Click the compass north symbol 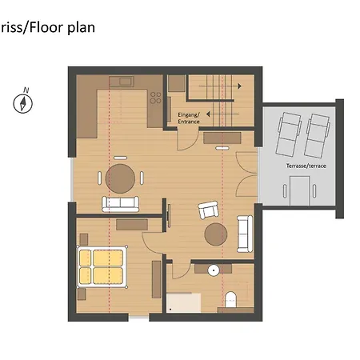(x=23, y=102)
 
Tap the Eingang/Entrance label (x=189, y=118)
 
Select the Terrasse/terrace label (x=306, y=166)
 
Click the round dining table (x=120, y=178)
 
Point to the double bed (x=102, y=267)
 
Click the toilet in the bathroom (x=230, y=300)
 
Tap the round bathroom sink (x=214, y=270)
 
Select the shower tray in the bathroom (x=184, y=302)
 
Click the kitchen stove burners (x=155, y=98)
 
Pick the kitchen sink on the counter (x=122, y=82)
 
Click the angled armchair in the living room (x=208, y=210)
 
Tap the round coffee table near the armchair (x=216, y=234)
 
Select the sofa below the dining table (x=120, y=204)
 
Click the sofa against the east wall (x=245, y=234)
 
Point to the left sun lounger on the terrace (x=289, y=134)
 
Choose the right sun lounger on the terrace (x=318, y=136)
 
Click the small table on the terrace (x=300, y=190)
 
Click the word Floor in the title (x=47, y=27)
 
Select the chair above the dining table (x=120, y=158)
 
